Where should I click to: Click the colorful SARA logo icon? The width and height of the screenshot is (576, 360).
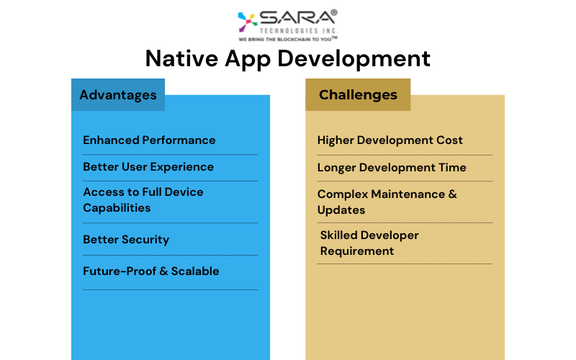[247, 22]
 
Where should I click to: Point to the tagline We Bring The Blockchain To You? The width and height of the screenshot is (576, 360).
[287, 39]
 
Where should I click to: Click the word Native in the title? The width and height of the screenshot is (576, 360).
[181, 58]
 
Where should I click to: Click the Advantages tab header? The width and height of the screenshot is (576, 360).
[118, 95]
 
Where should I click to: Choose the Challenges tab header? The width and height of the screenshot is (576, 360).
[358, 95]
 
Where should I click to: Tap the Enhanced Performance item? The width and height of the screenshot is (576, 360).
[149, 140]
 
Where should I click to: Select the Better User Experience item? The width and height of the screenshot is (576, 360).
[148, 167]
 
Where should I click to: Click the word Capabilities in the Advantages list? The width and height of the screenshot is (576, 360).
[117, 208]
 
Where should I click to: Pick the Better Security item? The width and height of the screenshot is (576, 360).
[126, 240]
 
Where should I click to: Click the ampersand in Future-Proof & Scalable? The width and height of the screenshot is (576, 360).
[164, 271]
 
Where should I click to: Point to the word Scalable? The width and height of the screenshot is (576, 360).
[195, 271]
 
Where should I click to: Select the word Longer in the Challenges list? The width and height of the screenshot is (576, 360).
[336, 168]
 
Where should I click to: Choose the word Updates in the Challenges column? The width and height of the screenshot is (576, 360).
[341, 210]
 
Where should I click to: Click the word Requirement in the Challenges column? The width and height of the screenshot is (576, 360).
[357, 251]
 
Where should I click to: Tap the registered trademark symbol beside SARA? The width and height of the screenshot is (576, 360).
[334, 12]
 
